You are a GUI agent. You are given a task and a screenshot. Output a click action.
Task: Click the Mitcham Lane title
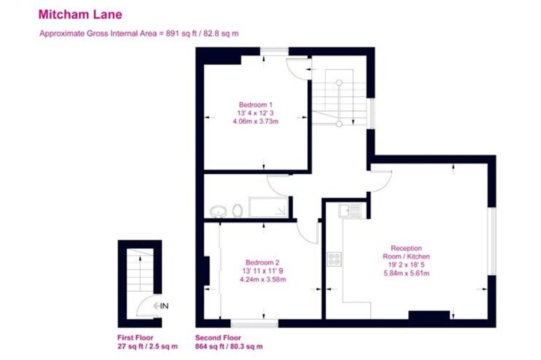(x=80, y=14)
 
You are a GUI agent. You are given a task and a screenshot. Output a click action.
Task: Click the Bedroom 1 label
(x=255, y=105)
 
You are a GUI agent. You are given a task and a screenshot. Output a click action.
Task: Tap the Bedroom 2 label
(x=262, y=263)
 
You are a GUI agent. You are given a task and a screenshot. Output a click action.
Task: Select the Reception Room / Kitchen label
(x=406, y=252)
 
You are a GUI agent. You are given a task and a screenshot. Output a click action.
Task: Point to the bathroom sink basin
(x=218, y=211)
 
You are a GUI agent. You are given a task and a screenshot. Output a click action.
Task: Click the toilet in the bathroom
(x=237, y=211)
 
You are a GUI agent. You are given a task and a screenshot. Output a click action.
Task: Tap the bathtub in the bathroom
(x=269, y=207)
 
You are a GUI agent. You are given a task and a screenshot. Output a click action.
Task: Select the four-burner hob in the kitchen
(x=334, y=259)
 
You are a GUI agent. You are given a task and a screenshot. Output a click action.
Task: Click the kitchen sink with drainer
(x=350, y=210)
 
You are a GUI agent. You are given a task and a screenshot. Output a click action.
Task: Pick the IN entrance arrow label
(x=160, y=305)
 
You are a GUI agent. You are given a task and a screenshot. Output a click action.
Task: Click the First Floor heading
(x=135, y=338)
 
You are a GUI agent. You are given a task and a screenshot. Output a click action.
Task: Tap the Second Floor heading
(x=218, y=338)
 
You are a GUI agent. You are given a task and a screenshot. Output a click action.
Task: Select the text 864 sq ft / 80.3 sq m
(x=229, y=346)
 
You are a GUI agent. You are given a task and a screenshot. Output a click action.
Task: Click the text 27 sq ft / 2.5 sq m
(x=147, y=346)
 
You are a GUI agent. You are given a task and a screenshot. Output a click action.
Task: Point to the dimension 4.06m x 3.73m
(x=255, y=121)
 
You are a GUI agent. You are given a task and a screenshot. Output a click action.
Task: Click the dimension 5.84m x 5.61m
(x=406, y=273)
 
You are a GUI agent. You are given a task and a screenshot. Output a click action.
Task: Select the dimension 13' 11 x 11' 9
(x=263, y=271)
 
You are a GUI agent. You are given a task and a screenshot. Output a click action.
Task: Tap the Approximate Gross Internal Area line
(x=139, y=34)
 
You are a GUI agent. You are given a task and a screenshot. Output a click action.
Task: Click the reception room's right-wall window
(x=493, y=242)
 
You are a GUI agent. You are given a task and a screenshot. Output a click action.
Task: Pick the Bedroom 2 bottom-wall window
(x=254, y=323)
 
